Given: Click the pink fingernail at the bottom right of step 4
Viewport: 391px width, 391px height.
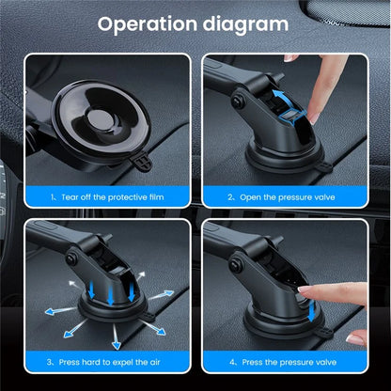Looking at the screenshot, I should (354, 336).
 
